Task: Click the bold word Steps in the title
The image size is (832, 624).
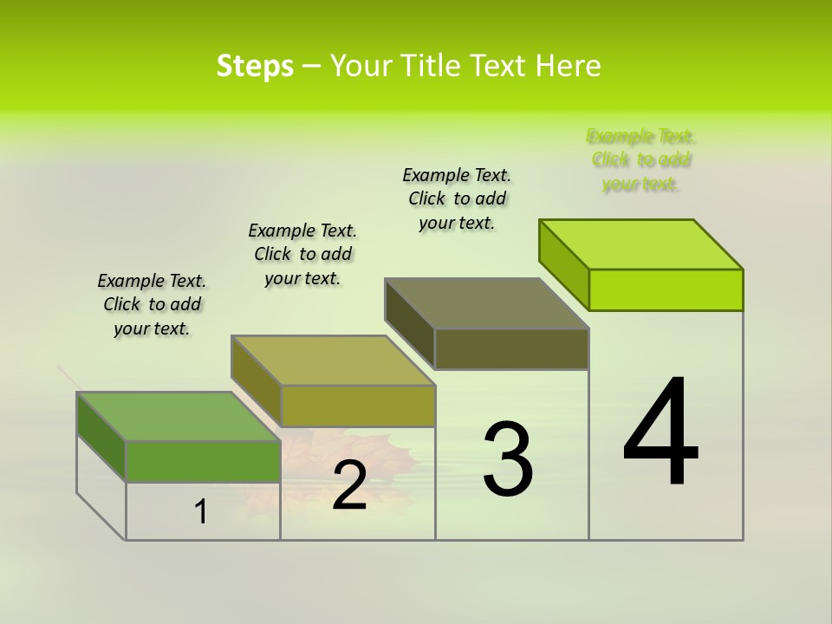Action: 255,66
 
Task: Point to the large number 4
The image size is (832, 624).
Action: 660,432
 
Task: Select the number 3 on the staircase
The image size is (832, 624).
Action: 508,459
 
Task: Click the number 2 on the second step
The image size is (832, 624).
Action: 349,486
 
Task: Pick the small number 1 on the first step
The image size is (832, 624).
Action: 201,512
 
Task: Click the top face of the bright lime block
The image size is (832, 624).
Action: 641,244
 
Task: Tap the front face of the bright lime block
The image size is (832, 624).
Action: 666,289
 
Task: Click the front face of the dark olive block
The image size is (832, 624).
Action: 511,348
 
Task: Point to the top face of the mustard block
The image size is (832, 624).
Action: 333,361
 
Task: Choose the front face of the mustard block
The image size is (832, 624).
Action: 357,406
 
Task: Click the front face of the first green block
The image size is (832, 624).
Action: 203,461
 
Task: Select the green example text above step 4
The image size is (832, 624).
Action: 641,159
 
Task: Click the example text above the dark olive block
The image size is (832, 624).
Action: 457,198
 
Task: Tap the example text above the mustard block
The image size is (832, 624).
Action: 302,254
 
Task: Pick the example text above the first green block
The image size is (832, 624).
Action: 152,304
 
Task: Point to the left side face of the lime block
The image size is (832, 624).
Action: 563,263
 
